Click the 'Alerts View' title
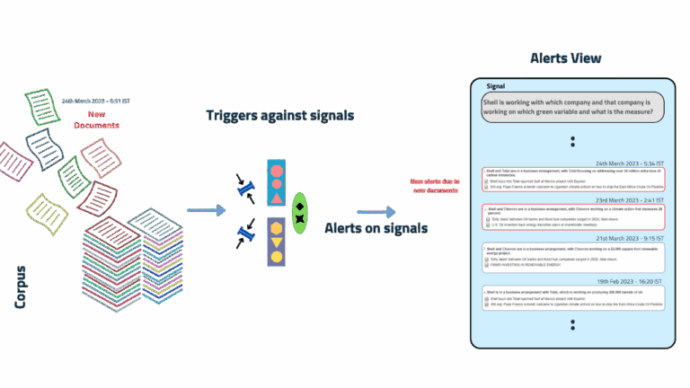tap(565, 58)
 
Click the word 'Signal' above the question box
tap(496, 86)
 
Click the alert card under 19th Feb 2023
tap(572, 299)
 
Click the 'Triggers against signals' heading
tap(279, 115)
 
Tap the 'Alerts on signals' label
tap(376, 228)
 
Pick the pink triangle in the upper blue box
tap(277, 199)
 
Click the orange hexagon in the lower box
tap(277, 227)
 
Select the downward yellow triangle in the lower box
tap(277, 242)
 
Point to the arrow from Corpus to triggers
tap(206, 210)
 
